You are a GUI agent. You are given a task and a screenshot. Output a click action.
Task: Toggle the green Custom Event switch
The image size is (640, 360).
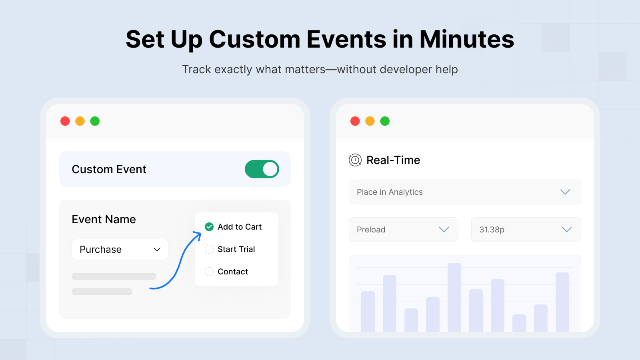[x=262, y=169]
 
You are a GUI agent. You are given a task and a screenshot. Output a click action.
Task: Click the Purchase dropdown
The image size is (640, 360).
[x=120, y=250]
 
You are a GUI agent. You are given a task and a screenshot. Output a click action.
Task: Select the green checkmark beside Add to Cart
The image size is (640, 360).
[x=209, y=227]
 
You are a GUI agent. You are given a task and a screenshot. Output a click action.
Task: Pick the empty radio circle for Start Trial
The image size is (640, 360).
[x=209, y=249]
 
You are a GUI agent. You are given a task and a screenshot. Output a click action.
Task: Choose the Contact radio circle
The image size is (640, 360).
[x=209, y=272]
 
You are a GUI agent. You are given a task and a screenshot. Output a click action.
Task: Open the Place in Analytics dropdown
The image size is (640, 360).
[x=465, y=192]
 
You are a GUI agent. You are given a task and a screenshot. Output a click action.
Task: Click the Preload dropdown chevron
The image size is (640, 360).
[x=444, y=230]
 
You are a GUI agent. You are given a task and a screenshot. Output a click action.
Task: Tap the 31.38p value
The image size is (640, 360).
[x=492, y=230]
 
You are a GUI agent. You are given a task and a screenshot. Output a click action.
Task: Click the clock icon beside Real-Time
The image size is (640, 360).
[x=355, y=160]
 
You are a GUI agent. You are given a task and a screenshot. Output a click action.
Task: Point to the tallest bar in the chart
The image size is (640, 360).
[x=454, y=298]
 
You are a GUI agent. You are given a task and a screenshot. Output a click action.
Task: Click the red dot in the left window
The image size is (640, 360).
[x=65, y=121]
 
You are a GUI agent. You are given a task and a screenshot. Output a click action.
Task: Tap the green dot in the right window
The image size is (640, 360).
[x=385, y=121]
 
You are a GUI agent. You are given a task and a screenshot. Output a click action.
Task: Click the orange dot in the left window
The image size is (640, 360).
[x=80, y=121]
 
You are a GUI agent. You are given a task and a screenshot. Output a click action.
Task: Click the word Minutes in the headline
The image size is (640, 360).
[x=466, y=40]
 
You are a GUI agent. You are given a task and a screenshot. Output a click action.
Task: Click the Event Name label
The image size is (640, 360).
[x=104, y=220]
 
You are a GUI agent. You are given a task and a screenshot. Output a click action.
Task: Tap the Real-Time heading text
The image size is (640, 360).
[x=393, y=160]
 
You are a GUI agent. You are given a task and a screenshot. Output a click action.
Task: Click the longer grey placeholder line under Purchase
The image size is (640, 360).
[x=114, y=276]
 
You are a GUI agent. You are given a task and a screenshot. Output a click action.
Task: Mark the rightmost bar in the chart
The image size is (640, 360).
[x=562, y=302]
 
